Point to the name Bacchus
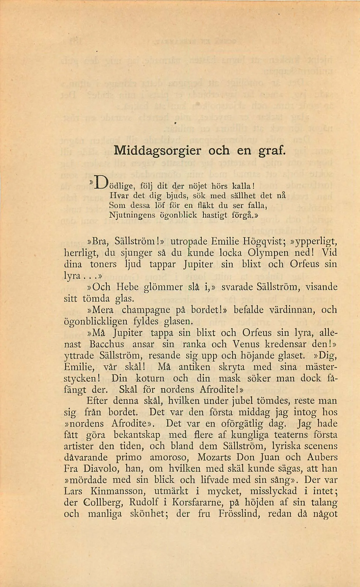pos(107,344)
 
